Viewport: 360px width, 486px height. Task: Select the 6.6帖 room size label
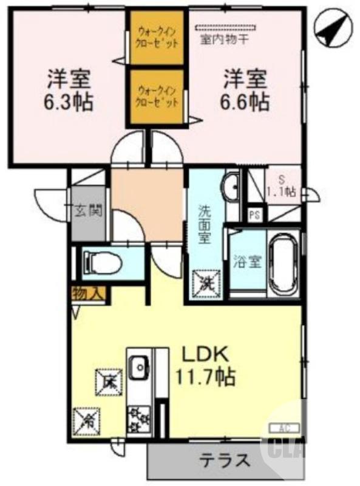click(x=245, y=101)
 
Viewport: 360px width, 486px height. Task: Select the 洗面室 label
click(x=206, y=224)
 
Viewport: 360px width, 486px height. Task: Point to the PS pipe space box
click(x=255, y=215)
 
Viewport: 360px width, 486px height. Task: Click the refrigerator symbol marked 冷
click(x=84, y=418)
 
